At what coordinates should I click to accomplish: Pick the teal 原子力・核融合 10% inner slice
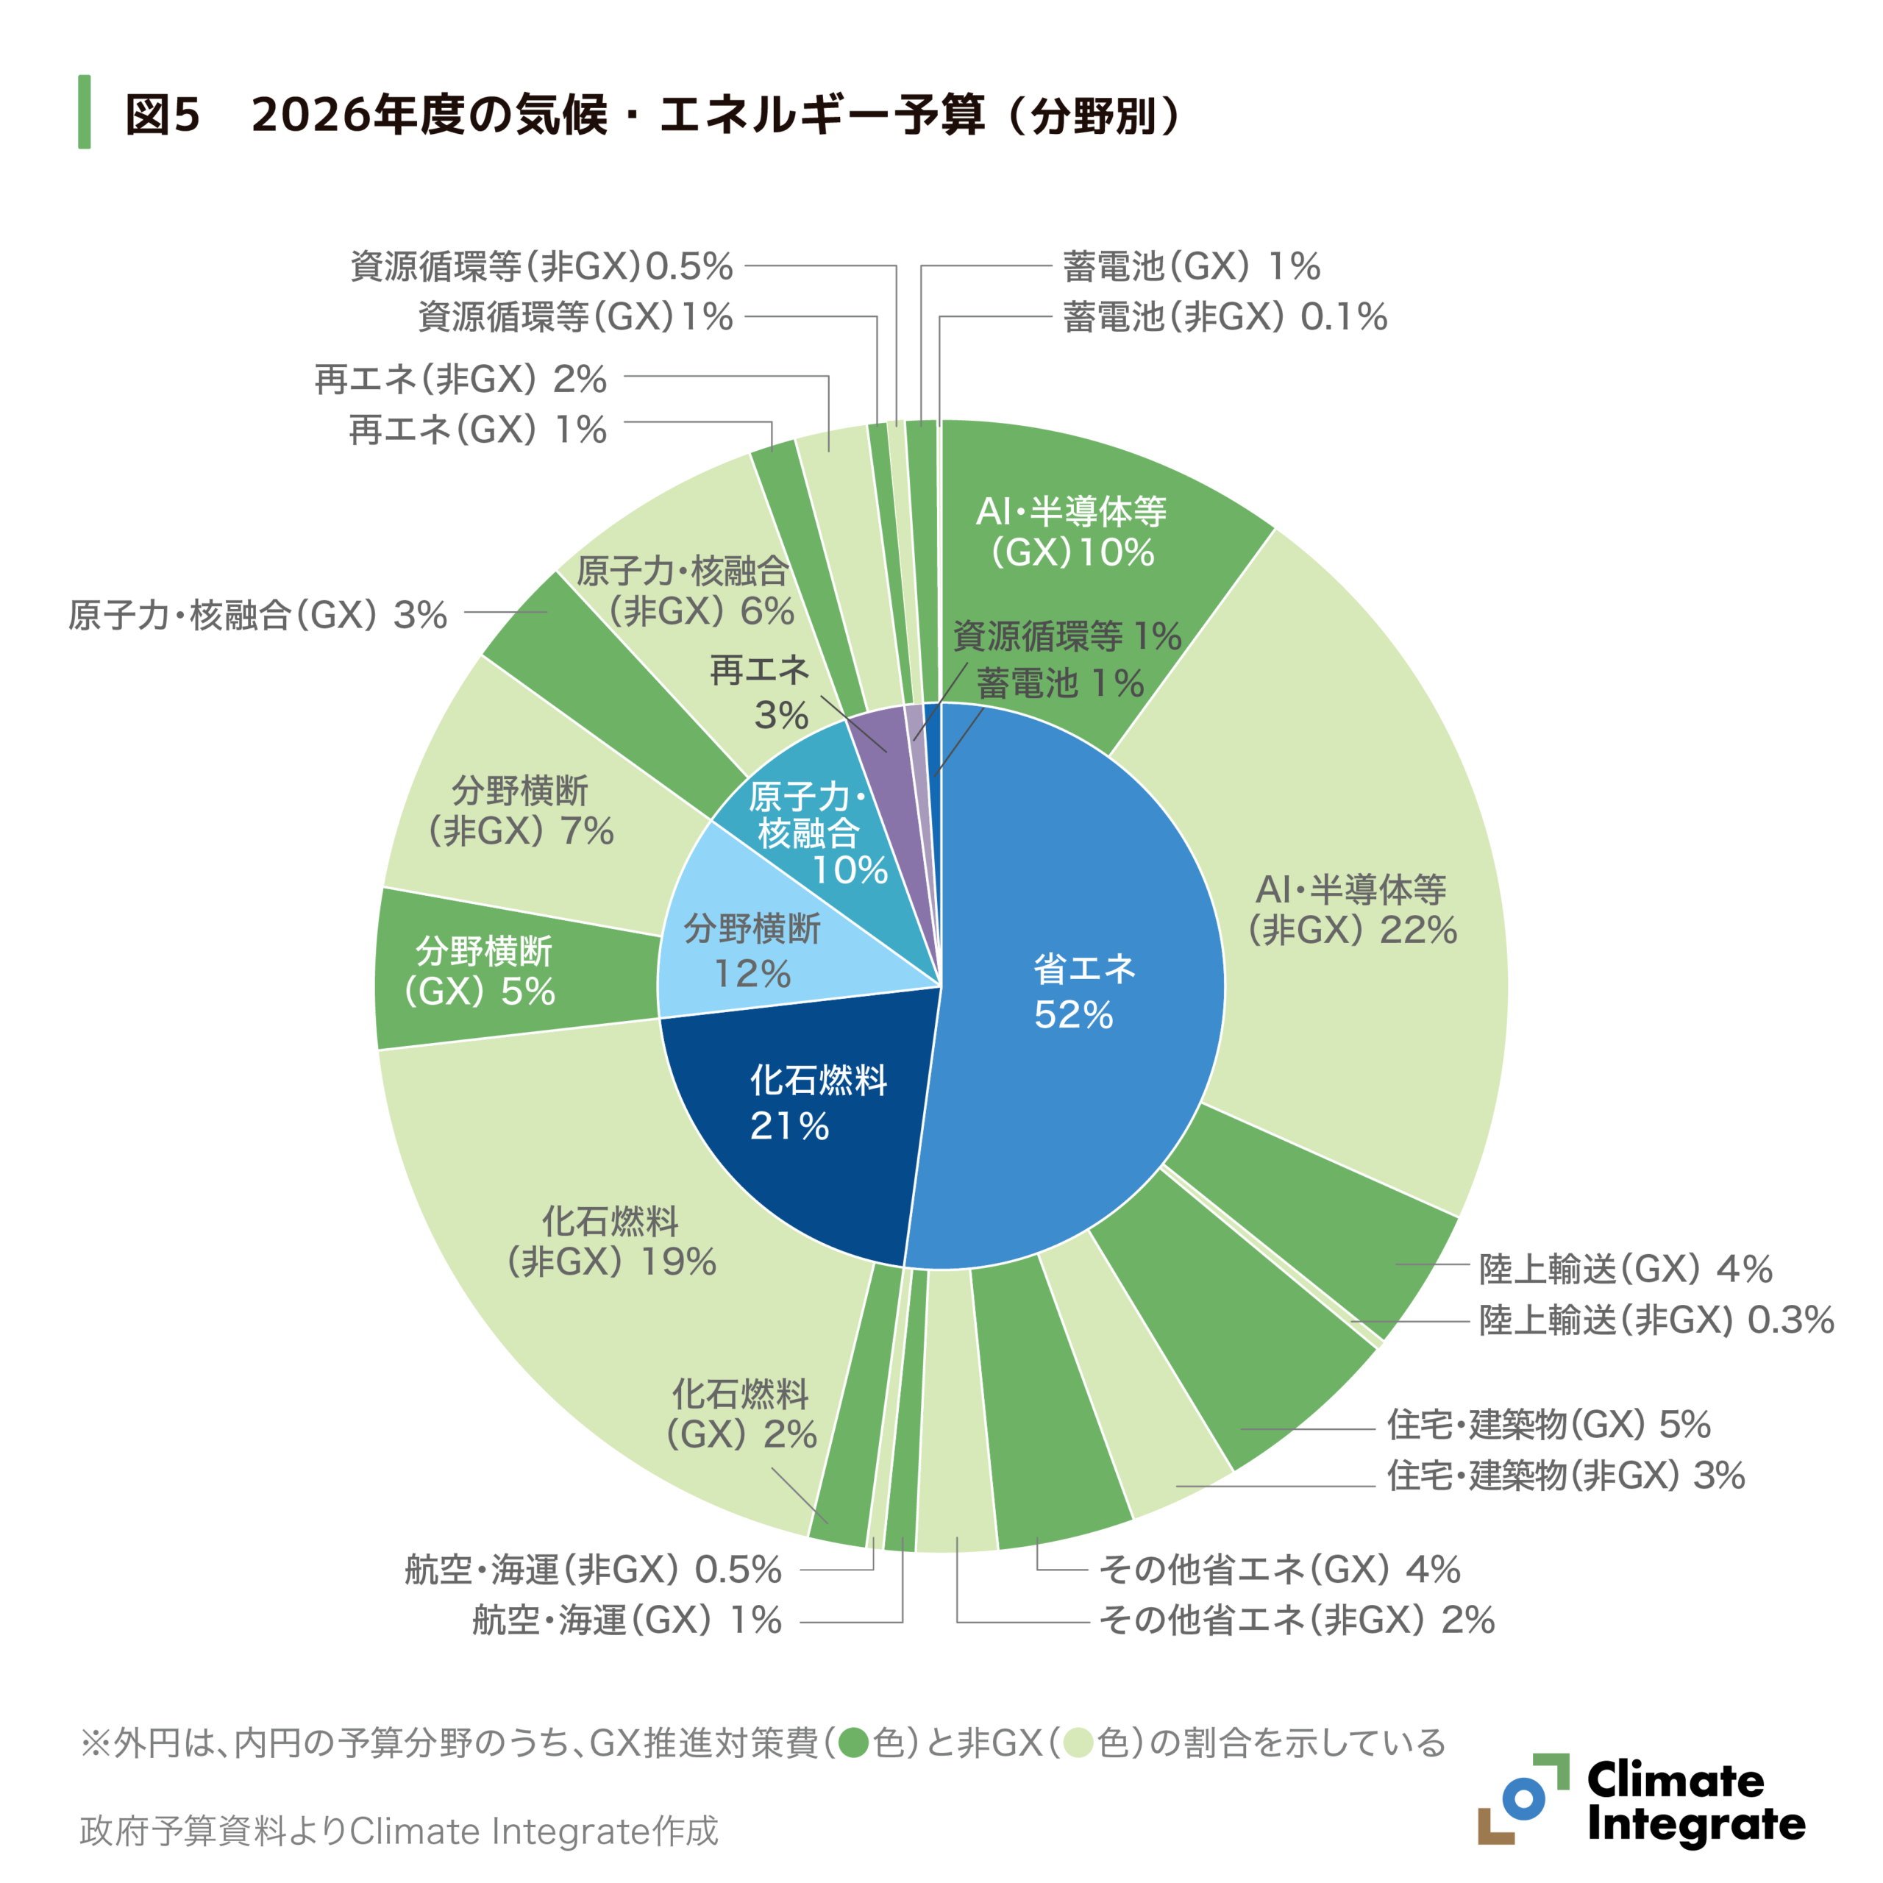[809, 828]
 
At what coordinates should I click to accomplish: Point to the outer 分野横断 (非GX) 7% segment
[522, 809]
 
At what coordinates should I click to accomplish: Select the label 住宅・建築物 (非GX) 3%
[1565, 1475]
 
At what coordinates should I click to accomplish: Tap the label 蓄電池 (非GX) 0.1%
[1224, 317]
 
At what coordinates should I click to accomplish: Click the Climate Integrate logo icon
[1523, 1798]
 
